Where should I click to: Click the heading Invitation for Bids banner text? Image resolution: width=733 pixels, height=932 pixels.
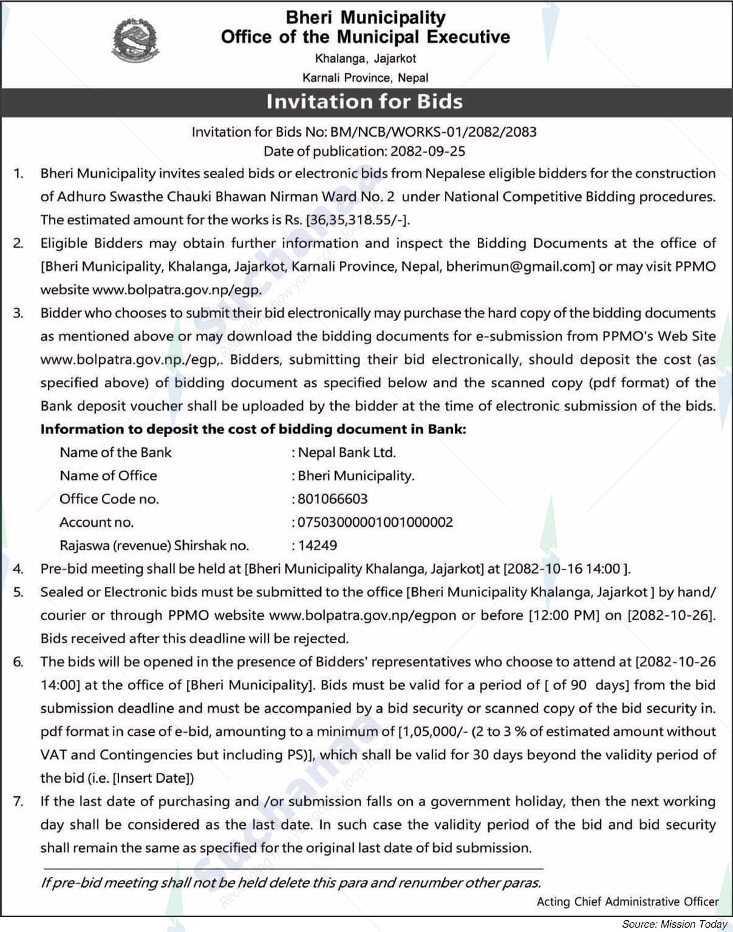coord(364,101)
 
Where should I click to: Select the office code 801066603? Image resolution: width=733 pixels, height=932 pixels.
coord(333,499)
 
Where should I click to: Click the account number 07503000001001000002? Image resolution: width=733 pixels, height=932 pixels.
coord(375,522)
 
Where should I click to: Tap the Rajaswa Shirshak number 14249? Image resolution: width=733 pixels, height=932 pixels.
coord(318,546)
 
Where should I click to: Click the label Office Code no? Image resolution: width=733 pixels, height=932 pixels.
coord(109,499)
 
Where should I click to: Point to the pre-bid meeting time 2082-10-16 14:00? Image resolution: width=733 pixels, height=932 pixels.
coord(564,569)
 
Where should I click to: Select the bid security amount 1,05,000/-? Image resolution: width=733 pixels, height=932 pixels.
coord(434,732)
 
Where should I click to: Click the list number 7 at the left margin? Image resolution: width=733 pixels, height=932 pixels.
coord(18,802)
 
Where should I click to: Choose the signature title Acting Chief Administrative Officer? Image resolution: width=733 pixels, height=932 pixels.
coord(627,902)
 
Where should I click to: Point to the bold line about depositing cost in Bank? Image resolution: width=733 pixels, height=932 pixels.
coord(253,429)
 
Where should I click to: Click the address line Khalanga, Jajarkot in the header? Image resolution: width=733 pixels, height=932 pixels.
coord(365,59)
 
